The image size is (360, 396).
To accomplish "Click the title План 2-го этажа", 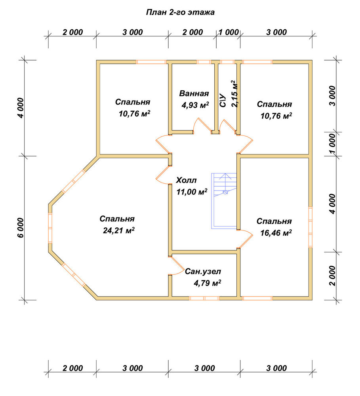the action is [x=180, y=12].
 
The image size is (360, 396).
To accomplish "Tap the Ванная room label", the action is [x=194, y=93].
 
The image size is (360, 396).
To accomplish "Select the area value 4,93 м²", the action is [x=195, y=105].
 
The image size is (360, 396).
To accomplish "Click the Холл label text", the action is [x=186, y=180].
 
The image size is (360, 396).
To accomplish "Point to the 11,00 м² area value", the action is [x=192, y=192].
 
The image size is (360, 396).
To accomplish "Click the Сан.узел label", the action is [x=203, y=272].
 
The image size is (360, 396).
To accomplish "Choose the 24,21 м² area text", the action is [x=119, y=230].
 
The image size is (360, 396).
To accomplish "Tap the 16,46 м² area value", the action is [x=276, y=232].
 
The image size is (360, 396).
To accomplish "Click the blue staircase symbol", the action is [x=224, y=201].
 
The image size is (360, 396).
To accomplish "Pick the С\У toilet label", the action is [x=223, y=100].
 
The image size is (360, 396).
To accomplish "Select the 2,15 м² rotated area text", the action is [x=234, y=94].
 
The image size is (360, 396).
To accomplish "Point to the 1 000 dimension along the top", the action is [x=229, y=32].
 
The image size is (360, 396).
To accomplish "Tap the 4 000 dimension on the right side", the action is [x=333, y=204].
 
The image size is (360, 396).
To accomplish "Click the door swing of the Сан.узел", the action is [x=177, y=265].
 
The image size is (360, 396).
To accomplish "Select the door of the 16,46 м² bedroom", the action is [x=245, y=239].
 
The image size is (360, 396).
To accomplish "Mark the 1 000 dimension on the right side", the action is [x=333, y=144].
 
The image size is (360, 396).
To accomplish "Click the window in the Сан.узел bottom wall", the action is [x=204, y=298].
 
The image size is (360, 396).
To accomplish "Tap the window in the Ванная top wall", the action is [x=204, y=62].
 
